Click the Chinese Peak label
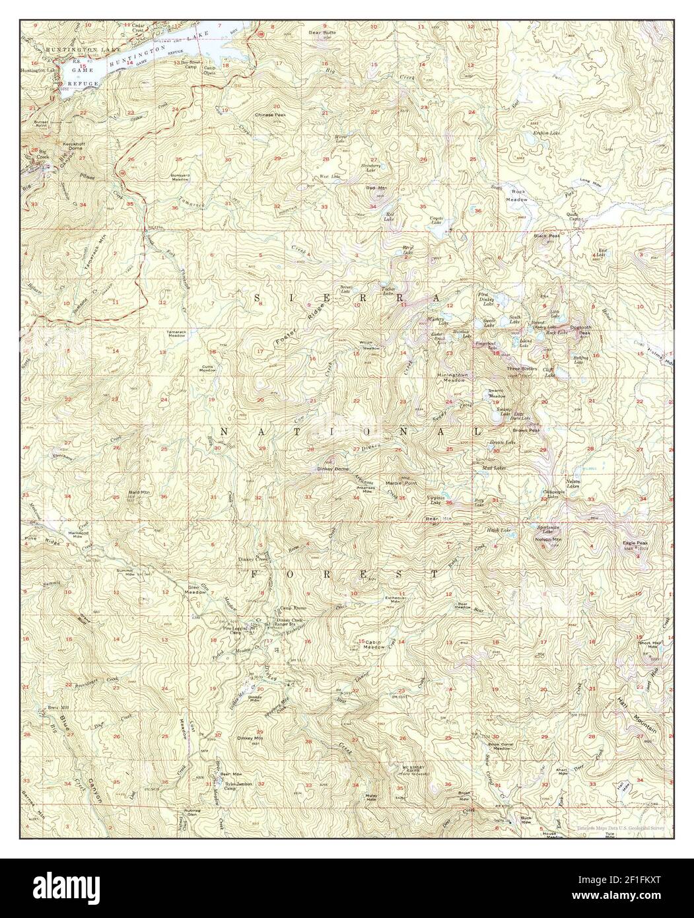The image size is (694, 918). coord(271,114)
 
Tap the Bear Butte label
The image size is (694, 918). coord(322,31)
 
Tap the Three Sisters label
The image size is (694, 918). coord(520,368)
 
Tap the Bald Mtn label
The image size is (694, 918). coord(137,493)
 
